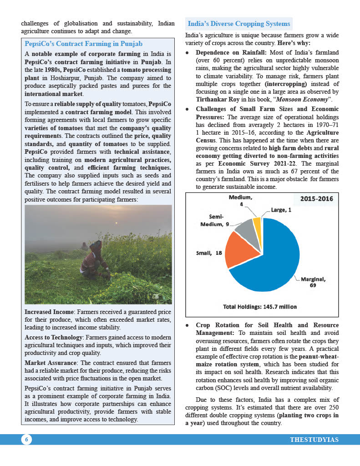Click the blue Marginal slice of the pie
coord(273,259)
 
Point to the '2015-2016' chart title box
coord(317,199)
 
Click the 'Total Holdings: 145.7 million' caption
coord(260,307)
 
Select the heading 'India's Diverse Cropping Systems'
coord(239,24)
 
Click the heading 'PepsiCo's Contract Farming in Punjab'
coord(84,44)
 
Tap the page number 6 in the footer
coord(26,439)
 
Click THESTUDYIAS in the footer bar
coord(314,440)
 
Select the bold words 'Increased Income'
coord(49,312)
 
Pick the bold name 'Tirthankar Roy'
coord(218,98)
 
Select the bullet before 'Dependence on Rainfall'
coord(188,52)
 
